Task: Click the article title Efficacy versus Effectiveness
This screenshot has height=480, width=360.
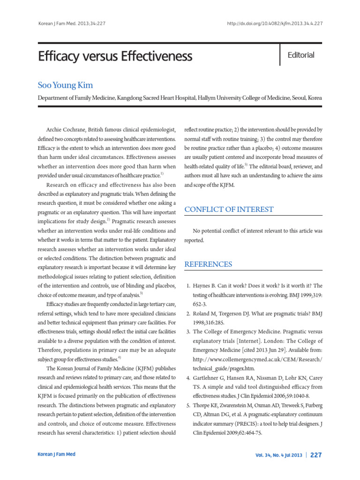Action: coord(115,57)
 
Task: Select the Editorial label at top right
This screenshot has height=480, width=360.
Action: coord(301,55)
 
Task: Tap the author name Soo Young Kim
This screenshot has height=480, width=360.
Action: coord(65,85)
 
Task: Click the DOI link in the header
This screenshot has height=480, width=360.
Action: coord(274,23)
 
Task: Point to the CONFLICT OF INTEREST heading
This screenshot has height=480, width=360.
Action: coord(229,209)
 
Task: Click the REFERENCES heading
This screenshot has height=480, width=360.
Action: coord(208,264)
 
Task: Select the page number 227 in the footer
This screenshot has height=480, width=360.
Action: coord(316,455)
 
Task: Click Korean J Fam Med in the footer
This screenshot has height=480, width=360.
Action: coord(56,454)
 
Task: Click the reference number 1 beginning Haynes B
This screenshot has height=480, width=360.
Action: coord(188,285)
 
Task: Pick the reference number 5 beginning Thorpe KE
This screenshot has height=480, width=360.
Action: coord(188,405)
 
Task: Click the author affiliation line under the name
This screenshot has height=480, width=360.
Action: coord(180,98)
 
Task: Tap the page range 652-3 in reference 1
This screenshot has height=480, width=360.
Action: coord(201,304)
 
